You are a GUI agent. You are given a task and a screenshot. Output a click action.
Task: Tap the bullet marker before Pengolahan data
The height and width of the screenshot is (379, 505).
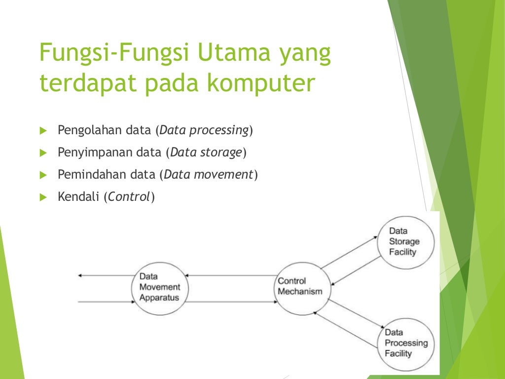click(x=42, y=131)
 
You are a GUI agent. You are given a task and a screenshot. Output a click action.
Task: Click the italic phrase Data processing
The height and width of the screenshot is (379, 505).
click(x=204, y=131)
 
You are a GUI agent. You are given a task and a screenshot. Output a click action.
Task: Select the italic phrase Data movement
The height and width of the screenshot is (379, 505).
click(x=209, y=175)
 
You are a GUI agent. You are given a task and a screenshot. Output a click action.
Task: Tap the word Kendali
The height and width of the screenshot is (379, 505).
click(x=78, y=197)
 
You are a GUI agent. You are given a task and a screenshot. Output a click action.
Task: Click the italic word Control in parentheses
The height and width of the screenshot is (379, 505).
click(x=129, y=197)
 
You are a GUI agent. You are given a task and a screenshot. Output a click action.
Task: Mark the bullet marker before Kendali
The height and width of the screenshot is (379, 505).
click(x=42, y=197)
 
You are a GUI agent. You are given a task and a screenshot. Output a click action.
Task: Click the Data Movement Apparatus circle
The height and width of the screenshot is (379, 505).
click(x=159, y=288)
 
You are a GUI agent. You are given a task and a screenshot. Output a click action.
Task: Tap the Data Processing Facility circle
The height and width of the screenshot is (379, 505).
click(x=405, y=343)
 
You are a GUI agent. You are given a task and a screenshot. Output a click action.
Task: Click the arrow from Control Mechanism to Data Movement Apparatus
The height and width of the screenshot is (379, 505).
click(x=232, y=275)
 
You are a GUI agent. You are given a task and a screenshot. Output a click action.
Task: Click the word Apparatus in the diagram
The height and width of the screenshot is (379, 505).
click(x=159, y=298)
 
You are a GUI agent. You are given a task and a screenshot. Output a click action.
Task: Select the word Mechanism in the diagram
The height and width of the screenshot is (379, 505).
click(x=300, y=292)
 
